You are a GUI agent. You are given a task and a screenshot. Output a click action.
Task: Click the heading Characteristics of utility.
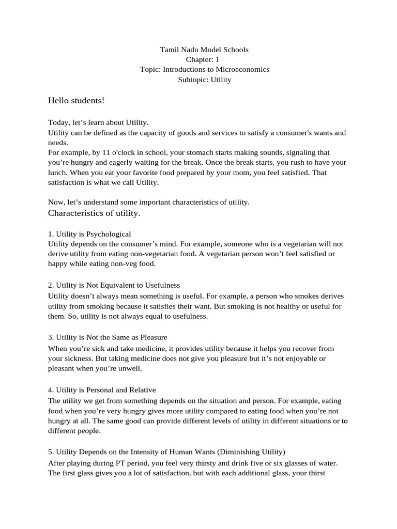(x=94, y=213)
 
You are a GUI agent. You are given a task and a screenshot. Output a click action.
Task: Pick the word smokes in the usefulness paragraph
(x=294, y=296)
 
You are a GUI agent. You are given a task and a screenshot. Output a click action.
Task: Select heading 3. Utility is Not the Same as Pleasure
(x=108, y=337)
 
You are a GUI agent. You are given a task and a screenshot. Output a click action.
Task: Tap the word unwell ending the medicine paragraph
(x=129, y=369)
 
